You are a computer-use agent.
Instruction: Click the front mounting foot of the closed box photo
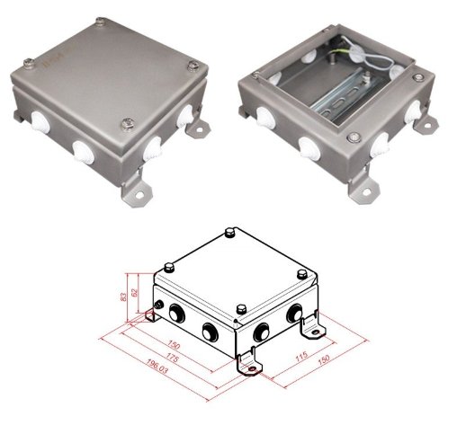point(136,191)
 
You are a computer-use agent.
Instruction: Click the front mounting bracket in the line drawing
point(246,365)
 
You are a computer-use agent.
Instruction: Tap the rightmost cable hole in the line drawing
point(293,314)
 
